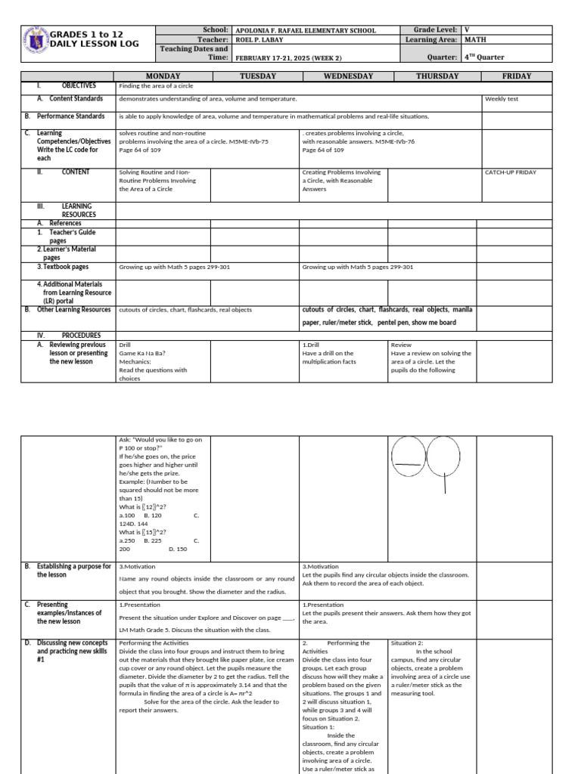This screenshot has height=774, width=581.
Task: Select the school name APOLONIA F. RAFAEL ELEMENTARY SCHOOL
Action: coord(306,31)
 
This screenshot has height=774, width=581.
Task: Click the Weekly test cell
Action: coord(502,99)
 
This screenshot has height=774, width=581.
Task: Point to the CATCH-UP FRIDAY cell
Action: coord(511,172)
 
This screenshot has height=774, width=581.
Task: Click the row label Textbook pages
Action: coord(64,267)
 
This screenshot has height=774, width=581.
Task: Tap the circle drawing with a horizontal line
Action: coord(409,460)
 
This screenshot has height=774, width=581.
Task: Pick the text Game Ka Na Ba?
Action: coord(142,353)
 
